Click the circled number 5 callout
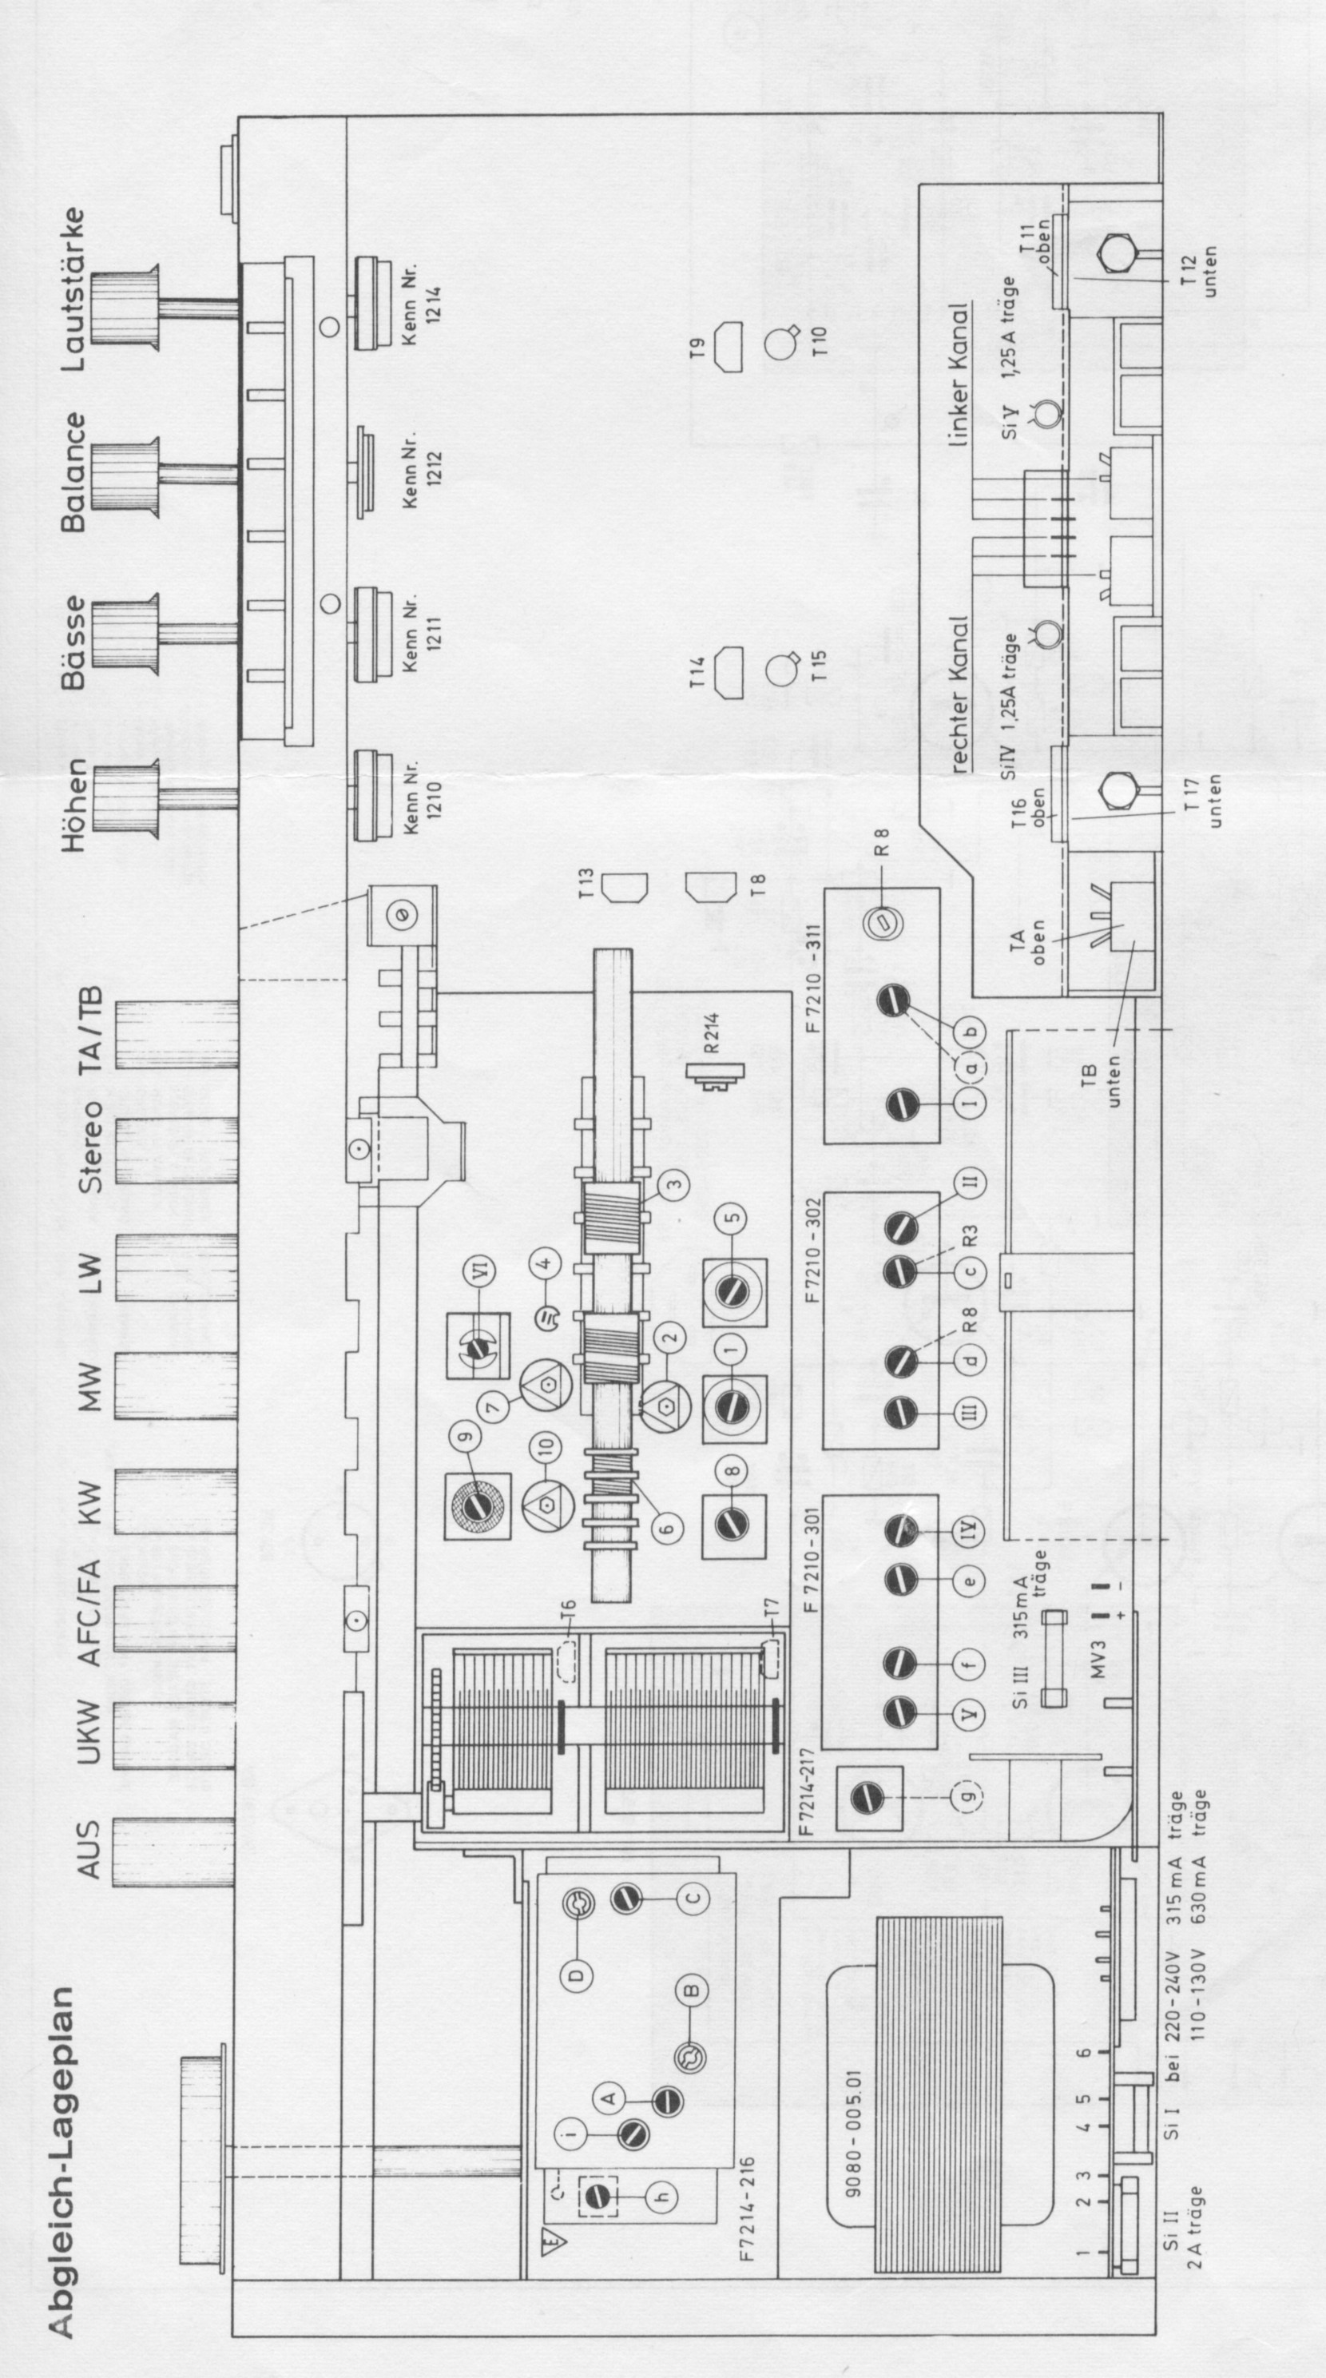point(732,1217)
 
